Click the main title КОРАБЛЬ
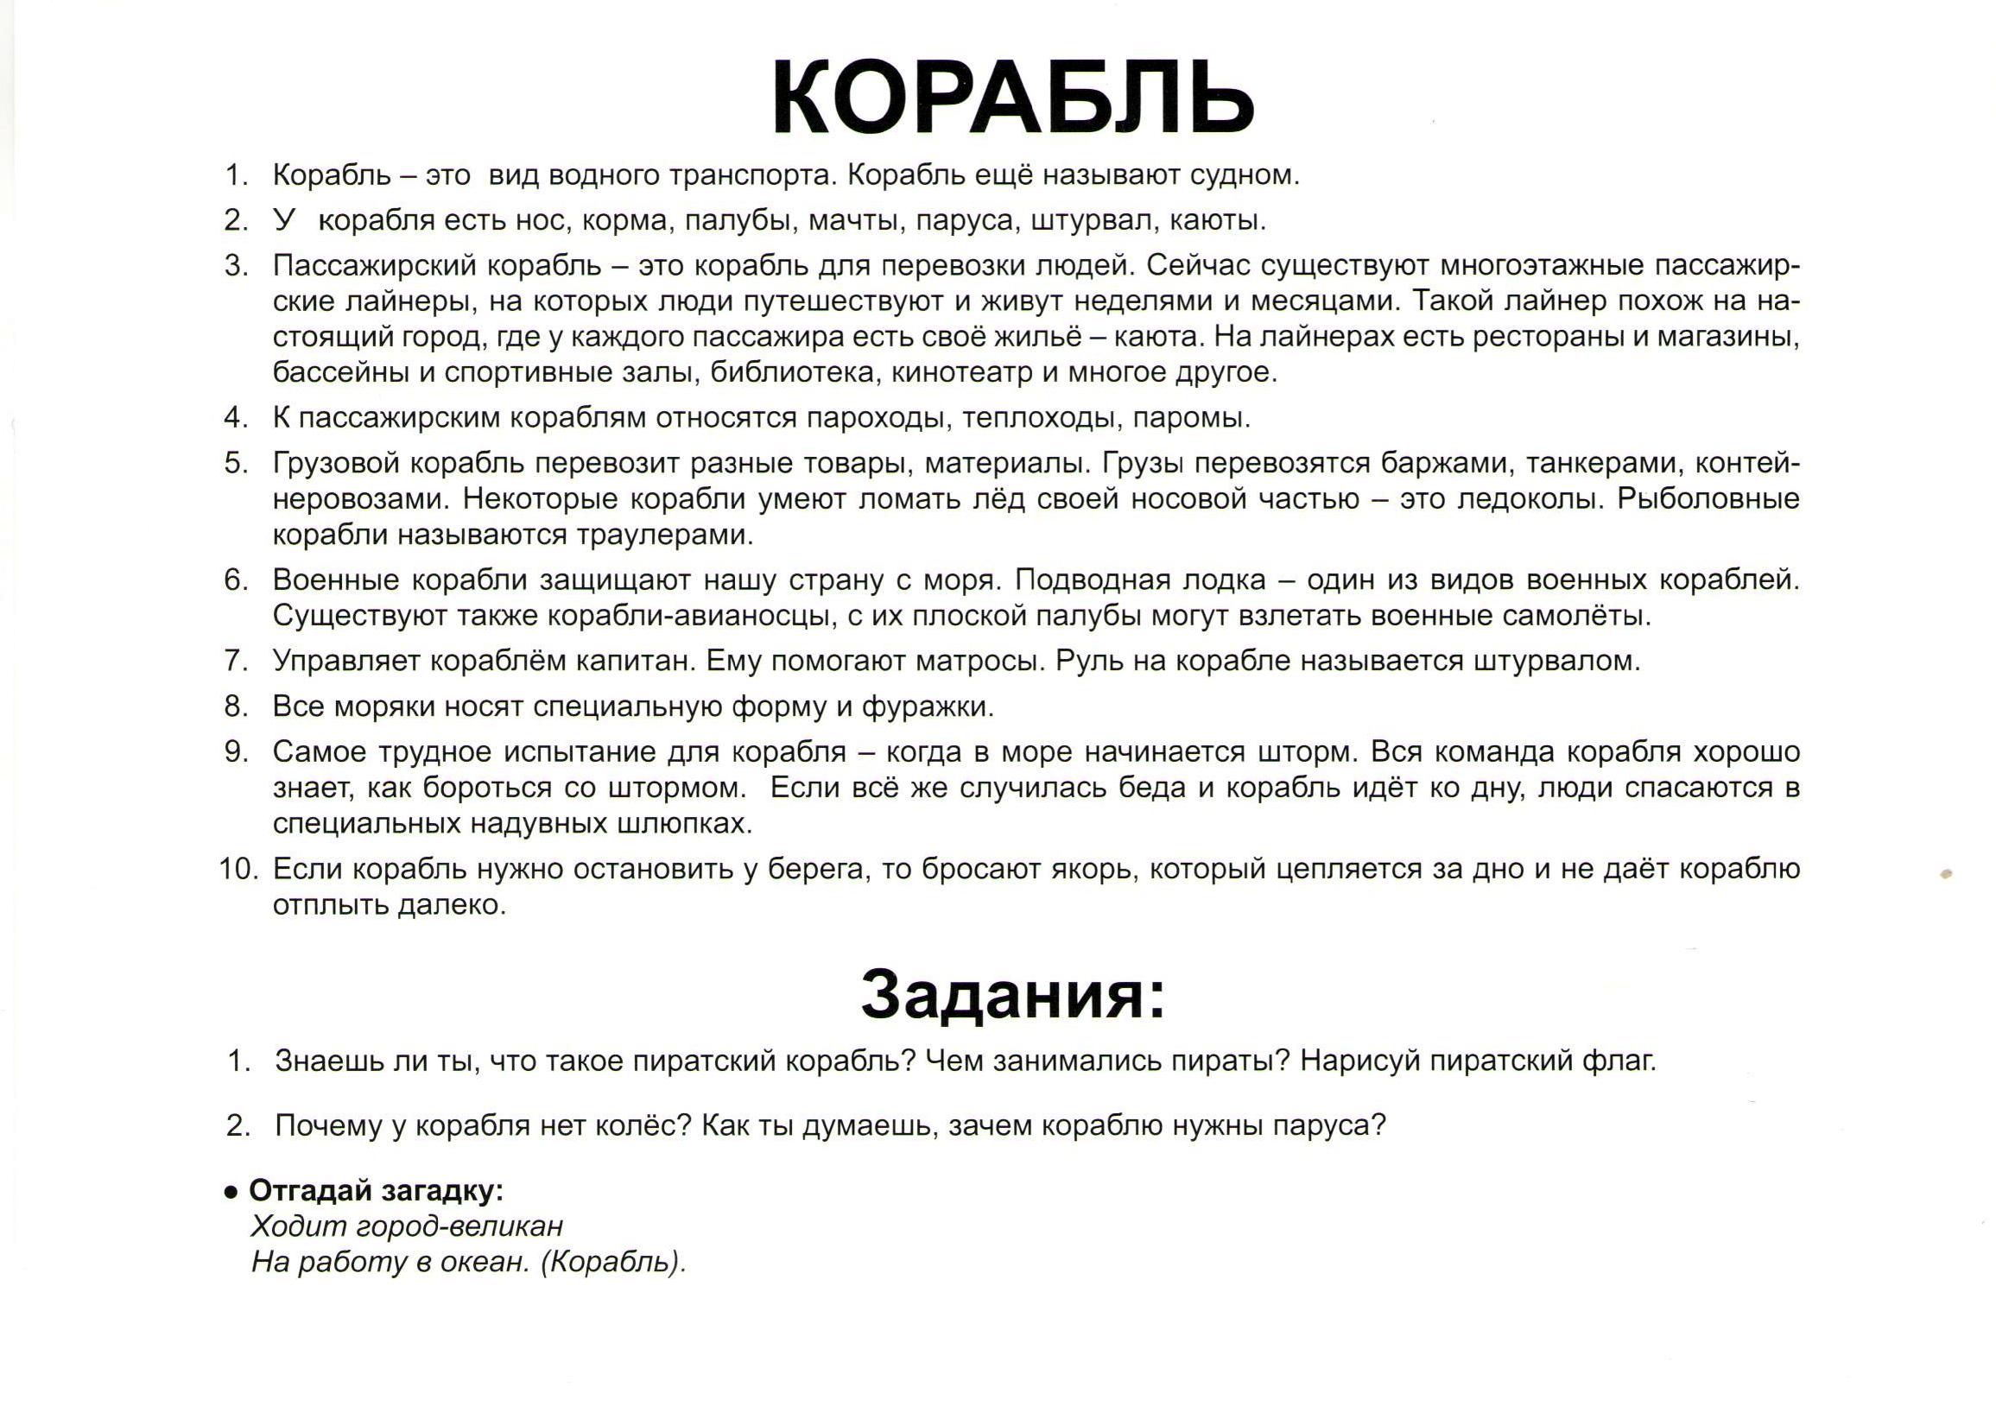tap(1013, 98)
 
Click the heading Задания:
tap(1013, 994)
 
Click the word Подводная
tap(1094, 580)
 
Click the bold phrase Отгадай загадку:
tap(376, 1190)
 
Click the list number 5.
tap(237, 463)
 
